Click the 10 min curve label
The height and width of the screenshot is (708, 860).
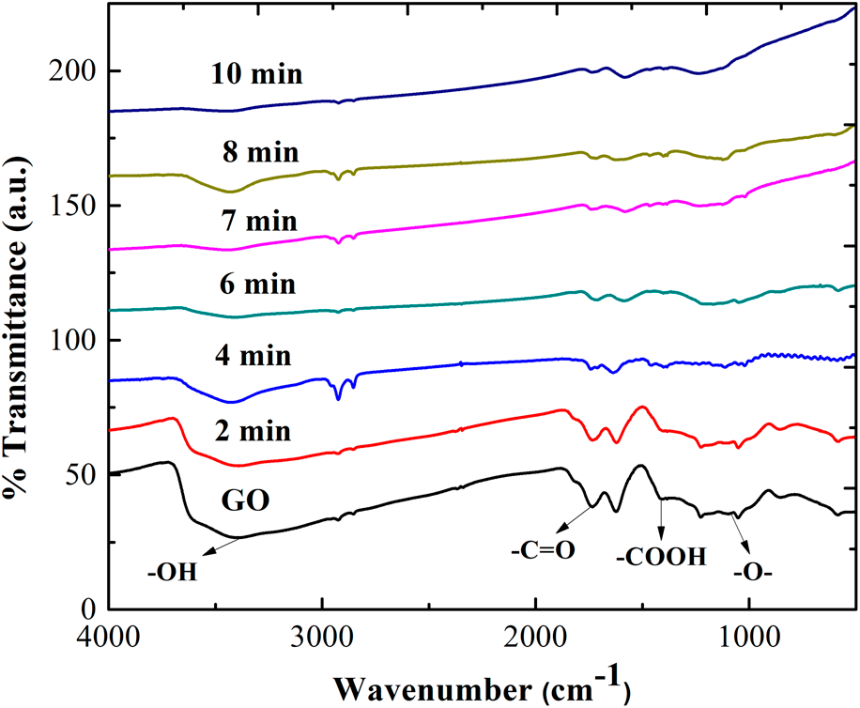pos(256,73)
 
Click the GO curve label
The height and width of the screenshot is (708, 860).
pos(245,499)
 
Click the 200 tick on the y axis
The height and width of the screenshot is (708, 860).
pos(72,71)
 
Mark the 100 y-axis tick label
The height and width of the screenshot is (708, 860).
pos(72,340)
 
